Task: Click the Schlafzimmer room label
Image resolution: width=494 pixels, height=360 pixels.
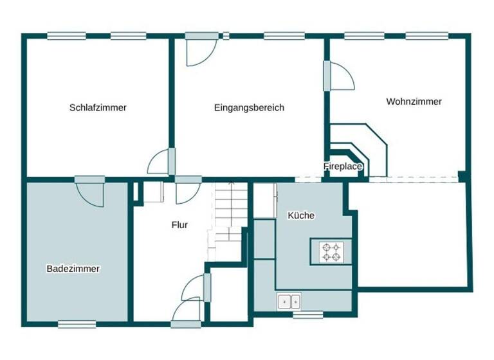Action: [98, 107]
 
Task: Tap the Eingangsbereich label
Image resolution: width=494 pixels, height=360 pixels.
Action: [249, 107]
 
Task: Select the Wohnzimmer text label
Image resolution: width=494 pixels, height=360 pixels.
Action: [414, 102]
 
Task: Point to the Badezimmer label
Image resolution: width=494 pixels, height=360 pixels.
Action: [73, 269]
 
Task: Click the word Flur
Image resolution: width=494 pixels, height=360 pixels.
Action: [179, 225]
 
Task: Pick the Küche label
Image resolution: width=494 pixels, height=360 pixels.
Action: [301, 215]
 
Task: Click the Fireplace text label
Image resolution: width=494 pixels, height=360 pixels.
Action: [343, 166]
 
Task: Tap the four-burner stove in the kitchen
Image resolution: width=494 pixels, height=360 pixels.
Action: [331, 252]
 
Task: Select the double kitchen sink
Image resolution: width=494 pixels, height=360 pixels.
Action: [289, 300]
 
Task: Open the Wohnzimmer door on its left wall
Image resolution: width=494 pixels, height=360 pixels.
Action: [338, 76]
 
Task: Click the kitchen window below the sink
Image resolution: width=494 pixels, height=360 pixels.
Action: [308, 315]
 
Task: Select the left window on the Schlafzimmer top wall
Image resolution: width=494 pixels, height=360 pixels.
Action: [66, 36]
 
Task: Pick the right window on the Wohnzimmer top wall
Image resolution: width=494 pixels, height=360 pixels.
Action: [427, 36]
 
